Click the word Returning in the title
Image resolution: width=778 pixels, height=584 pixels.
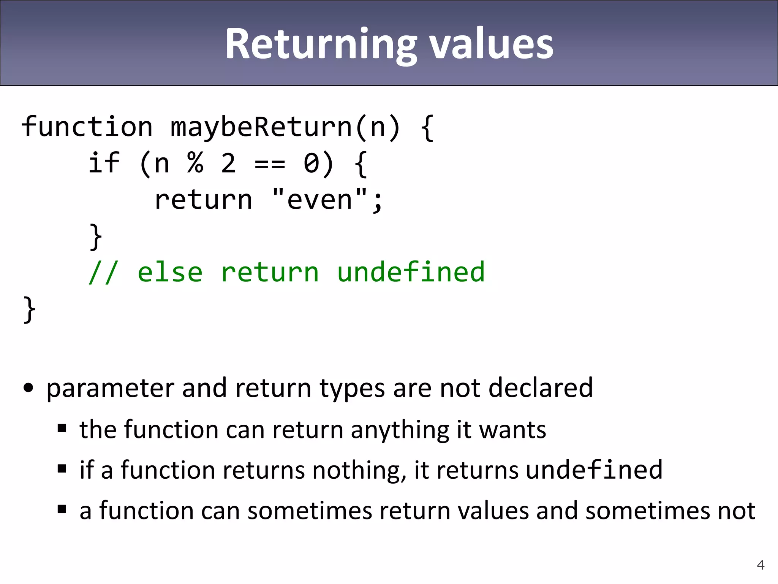coord(320,45)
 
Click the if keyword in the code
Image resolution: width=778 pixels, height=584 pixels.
coord(104,163)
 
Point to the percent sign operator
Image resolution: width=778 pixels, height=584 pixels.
coord(195,163)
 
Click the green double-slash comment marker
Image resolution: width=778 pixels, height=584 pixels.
coord(103,272)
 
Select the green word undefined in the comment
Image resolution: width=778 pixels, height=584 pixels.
coord(411,272)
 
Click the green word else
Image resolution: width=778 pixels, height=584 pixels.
coord(170,272)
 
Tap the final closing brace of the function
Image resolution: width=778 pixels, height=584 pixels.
coord(29,309)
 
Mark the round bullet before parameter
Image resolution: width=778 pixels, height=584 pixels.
coord(28,388)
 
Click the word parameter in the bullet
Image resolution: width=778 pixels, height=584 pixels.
coord(110,388)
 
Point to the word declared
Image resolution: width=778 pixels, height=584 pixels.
coord(540,388)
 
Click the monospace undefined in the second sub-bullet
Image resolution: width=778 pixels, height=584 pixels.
coord(594,470)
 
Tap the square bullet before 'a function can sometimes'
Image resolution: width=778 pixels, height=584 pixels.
coord(62,509)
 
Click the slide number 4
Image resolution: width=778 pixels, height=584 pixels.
coord(761,565)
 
